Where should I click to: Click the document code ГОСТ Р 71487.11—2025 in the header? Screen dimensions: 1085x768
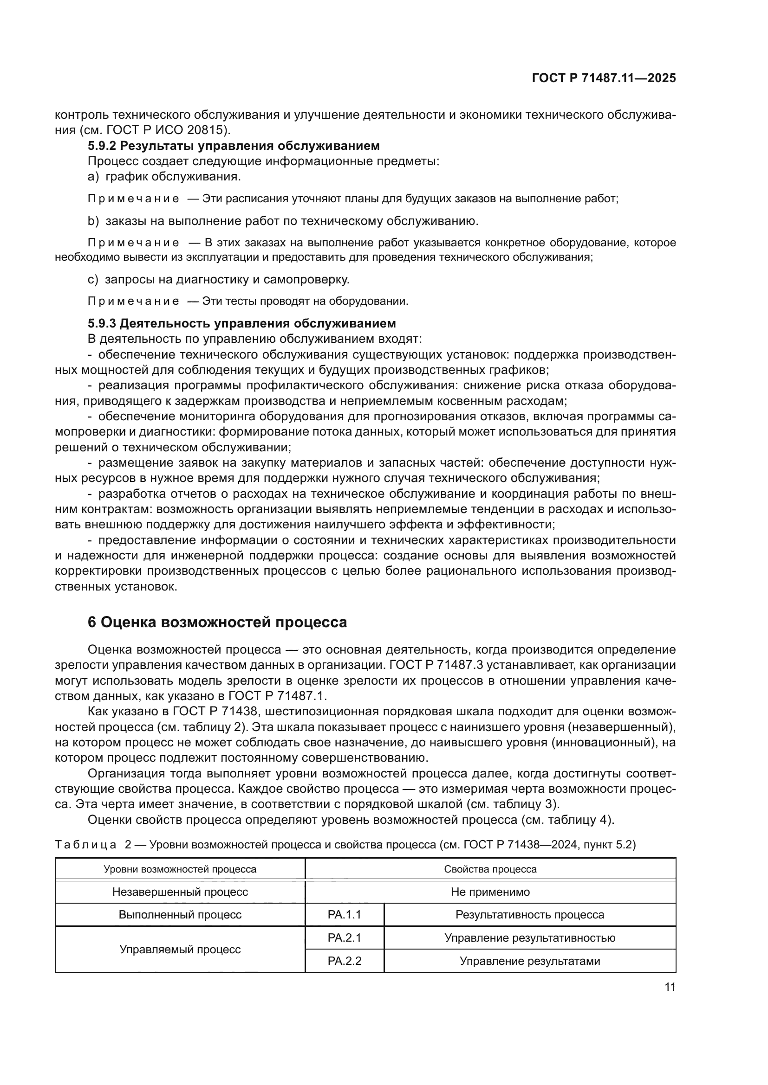604,78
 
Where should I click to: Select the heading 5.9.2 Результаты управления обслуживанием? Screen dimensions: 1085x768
234,146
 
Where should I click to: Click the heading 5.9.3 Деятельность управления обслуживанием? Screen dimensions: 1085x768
241,324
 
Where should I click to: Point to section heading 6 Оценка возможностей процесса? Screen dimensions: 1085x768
217,622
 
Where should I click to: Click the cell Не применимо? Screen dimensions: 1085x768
490,892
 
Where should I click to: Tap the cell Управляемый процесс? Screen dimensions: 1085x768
180,949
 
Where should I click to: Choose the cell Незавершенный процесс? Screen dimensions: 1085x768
180,892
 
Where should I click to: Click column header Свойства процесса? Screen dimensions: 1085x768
490,869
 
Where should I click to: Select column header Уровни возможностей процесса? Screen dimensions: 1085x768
180,869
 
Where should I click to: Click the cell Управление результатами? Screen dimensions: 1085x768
530,961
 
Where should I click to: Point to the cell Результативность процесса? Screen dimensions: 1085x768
530,914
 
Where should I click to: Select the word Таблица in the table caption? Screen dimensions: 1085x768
85,844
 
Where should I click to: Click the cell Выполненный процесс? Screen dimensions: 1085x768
180,914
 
